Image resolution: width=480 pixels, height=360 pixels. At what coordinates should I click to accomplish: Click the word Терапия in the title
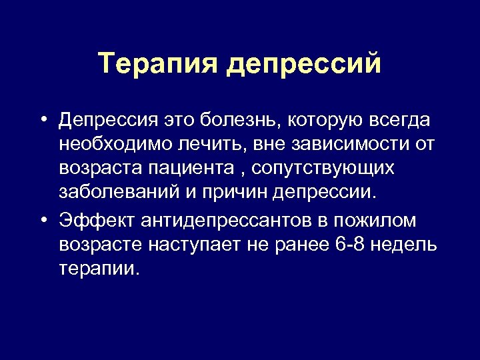(x=157, y=65)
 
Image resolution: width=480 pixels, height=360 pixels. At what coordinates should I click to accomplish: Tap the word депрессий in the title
(x=305, y=65)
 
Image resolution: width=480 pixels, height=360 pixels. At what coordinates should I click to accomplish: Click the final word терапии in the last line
(x=100, y=268)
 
